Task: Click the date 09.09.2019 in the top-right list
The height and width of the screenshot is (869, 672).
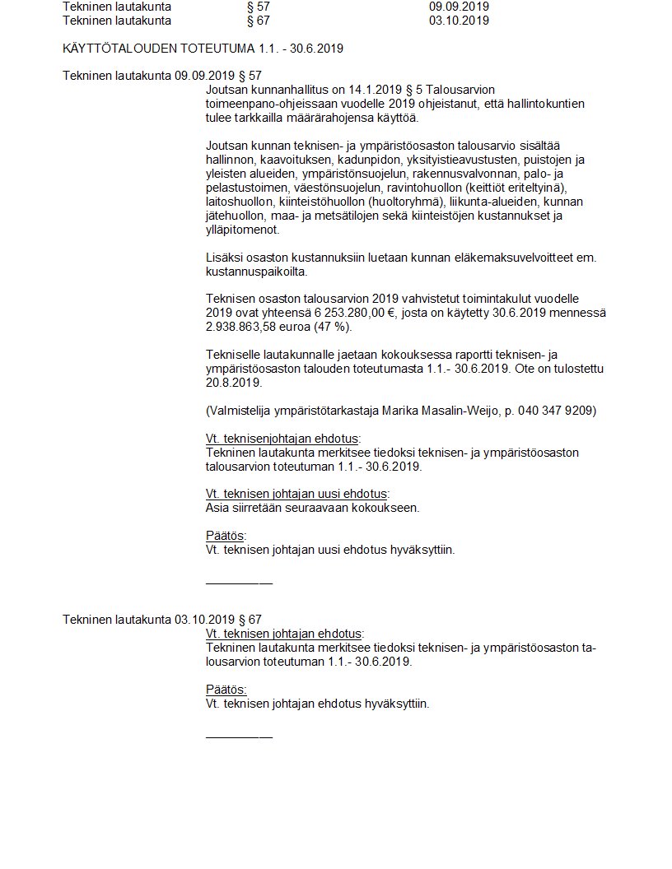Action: pyautogui.click(x=460, y=7)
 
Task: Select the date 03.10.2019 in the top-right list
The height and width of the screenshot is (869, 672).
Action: pyautogui.click(x=460, y=21)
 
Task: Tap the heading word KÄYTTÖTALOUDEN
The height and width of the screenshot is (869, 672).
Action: pyautogui.click(x=121, y=49)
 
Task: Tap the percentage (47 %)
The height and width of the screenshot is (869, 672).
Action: pyautogui.click(x=332, y=327)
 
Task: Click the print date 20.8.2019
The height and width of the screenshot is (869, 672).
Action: pyautogui.click(x=233, y=383)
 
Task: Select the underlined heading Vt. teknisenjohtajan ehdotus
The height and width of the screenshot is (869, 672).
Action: pyautogui.click(x=282, y=439)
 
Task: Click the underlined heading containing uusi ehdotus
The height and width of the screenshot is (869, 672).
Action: pyautogui.click(x=296, y=494)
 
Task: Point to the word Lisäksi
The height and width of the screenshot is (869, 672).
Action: pyautogui.click(x=224, y=258)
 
